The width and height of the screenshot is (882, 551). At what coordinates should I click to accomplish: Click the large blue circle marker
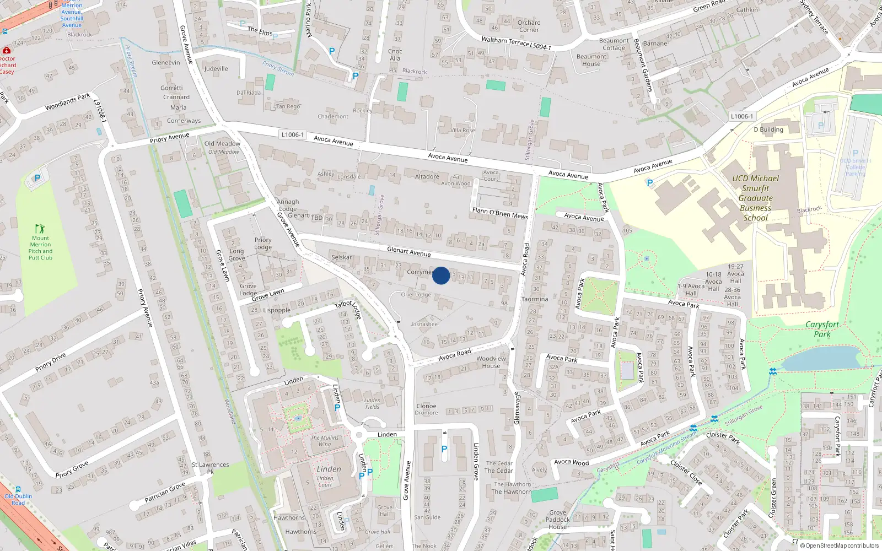pos(441,275)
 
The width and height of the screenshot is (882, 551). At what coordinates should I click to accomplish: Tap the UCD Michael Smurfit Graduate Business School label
pos(756,198)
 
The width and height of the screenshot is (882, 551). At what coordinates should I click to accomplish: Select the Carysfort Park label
pos(822,329)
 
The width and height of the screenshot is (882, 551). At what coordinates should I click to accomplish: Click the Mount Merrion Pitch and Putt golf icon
pos(40,229)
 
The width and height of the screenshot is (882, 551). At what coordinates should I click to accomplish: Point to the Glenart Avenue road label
pos(408,252)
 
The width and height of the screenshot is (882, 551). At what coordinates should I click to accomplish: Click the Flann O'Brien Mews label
pos(500,213)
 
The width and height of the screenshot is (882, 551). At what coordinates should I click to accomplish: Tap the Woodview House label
pos(491,362)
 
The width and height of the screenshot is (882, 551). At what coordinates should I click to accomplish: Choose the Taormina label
pos(535,299)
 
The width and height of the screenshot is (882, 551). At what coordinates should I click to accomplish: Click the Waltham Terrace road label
pos(516,43)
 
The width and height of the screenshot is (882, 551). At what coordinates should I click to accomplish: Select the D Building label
pos(768,130)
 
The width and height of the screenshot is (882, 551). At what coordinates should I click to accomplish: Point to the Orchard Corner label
pos(529,26)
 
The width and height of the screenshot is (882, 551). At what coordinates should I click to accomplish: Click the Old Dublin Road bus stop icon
pos(18,489)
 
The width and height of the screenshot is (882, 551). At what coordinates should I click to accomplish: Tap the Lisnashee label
pos(424,324)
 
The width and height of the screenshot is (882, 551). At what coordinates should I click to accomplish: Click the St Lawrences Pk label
pos(210,468)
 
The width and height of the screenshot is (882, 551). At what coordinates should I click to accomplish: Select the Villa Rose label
pos(462,131)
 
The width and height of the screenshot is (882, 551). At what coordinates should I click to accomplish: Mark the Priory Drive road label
pos(51,362)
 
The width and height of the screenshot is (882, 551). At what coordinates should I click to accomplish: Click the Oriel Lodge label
pos(416,295)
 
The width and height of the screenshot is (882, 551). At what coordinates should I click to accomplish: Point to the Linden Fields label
pos(372,403)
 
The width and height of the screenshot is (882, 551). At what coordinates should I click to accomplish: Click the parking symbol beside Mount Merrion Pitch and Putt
pos(37,178)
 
